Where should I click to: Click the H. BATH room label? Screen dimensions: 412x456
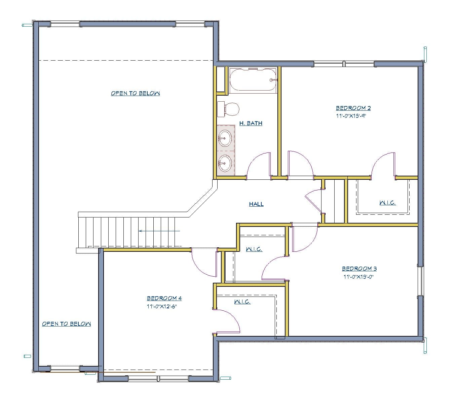(251, 123)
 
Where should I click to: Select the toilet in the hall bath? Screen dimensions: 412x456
(229, 109)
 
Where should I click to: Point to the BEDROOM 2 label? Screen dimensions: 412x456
(353, 108)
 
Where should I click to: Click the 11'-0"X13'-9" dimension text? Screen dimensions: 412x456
(351, 116)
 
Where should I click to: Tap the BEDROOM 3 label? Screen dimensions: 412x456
(359, 269)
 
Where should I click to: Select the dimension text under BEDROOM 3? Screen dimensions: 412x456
(358, 277)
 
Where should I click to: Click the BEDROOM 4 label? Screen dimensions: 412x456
(164, 298)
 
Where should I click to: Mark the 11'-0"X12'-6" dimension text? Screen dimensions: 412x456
(162, 307)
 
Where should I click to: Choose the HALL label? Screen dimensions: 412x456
(256, 204)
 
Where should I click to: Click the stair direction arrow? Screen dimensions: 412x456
(159, 231)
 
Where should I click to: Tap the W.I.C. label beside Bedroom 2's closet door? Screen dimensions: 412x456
(387, 203)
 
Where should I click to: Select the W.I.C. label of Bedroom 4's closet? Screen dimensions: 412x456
(242, 302)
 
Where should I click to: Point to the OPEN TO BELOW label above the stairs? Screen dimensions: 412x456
(135, 93)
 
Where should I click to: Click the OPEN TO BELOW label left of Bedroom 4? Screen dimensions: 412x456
(66, 324)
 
